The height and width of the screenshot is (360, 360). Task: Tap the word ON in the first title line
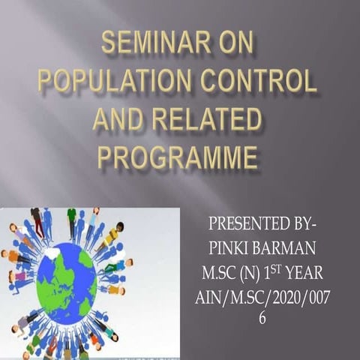coord(229,47)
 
